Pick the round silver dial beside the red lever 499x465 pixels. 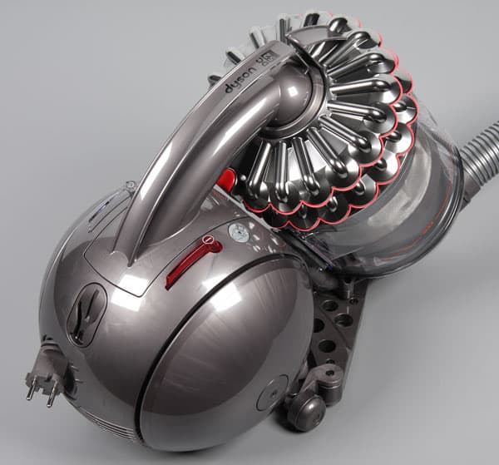239,233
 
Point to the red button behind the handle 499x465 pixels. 226,178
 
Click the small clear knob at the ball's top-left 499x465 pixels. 130,186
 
